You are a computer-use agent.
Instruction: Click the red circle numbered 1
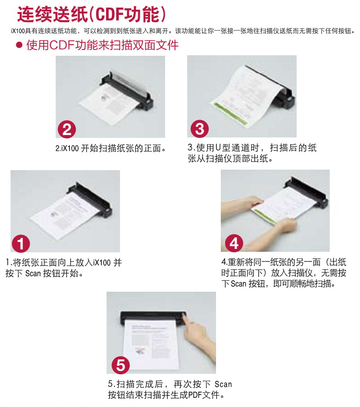[x=21, y=244]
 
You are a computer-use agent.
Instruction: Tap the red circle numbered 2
[x=67, y=129]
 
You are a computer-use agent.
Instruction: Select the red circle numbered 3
[x=200, y=129]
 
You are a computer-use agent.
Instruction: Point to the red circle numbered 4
[x=234, y=243]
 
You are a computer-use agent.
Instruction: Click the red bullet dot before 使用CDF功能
[x=19, y=45]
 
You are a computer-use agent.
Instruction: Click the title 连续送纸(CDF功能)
[x=91, y=14]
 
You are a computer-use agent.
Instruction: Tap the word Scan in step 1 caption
[x=33, y=273]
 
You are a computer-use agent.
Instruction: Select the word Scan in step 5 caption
[x=223, y=384]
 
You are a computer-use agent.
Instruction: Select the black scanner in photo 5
[x=153, y=317]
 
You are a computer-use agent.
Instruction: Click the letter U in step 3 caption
[x=218, y=148]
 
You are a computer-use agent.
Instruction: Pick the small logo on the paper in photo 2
[x=104, y=98]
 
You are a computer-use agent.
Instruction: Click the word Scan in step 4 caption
[x=239, y=284]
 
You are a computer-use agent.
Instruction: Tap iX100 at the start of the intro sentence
[x=18, y=31]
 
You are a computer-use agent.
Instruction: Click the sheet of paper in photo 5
[x=152, y=344]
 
